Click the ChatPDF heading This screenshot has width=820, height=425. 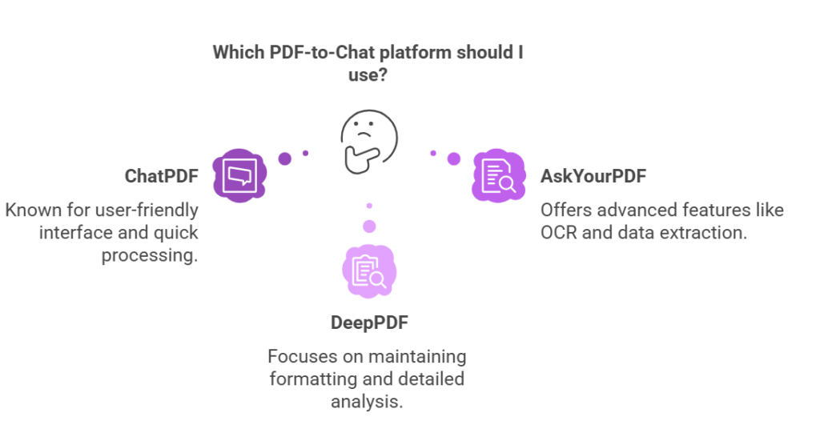pos(161,176)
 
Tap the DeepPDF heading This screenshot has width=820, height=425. pos(368,323)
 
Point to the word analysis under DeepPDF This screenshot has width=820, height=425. pos(367,400)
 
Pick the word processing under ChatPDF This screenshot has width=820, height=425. pos(150,256)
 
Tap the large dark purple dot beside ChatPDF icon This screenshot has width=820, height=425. pos(284,158)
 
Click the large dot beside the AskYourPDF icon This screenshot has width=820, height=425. pos(454,158)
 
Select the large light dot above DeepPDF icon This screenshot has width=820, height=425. pos(369,227)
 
